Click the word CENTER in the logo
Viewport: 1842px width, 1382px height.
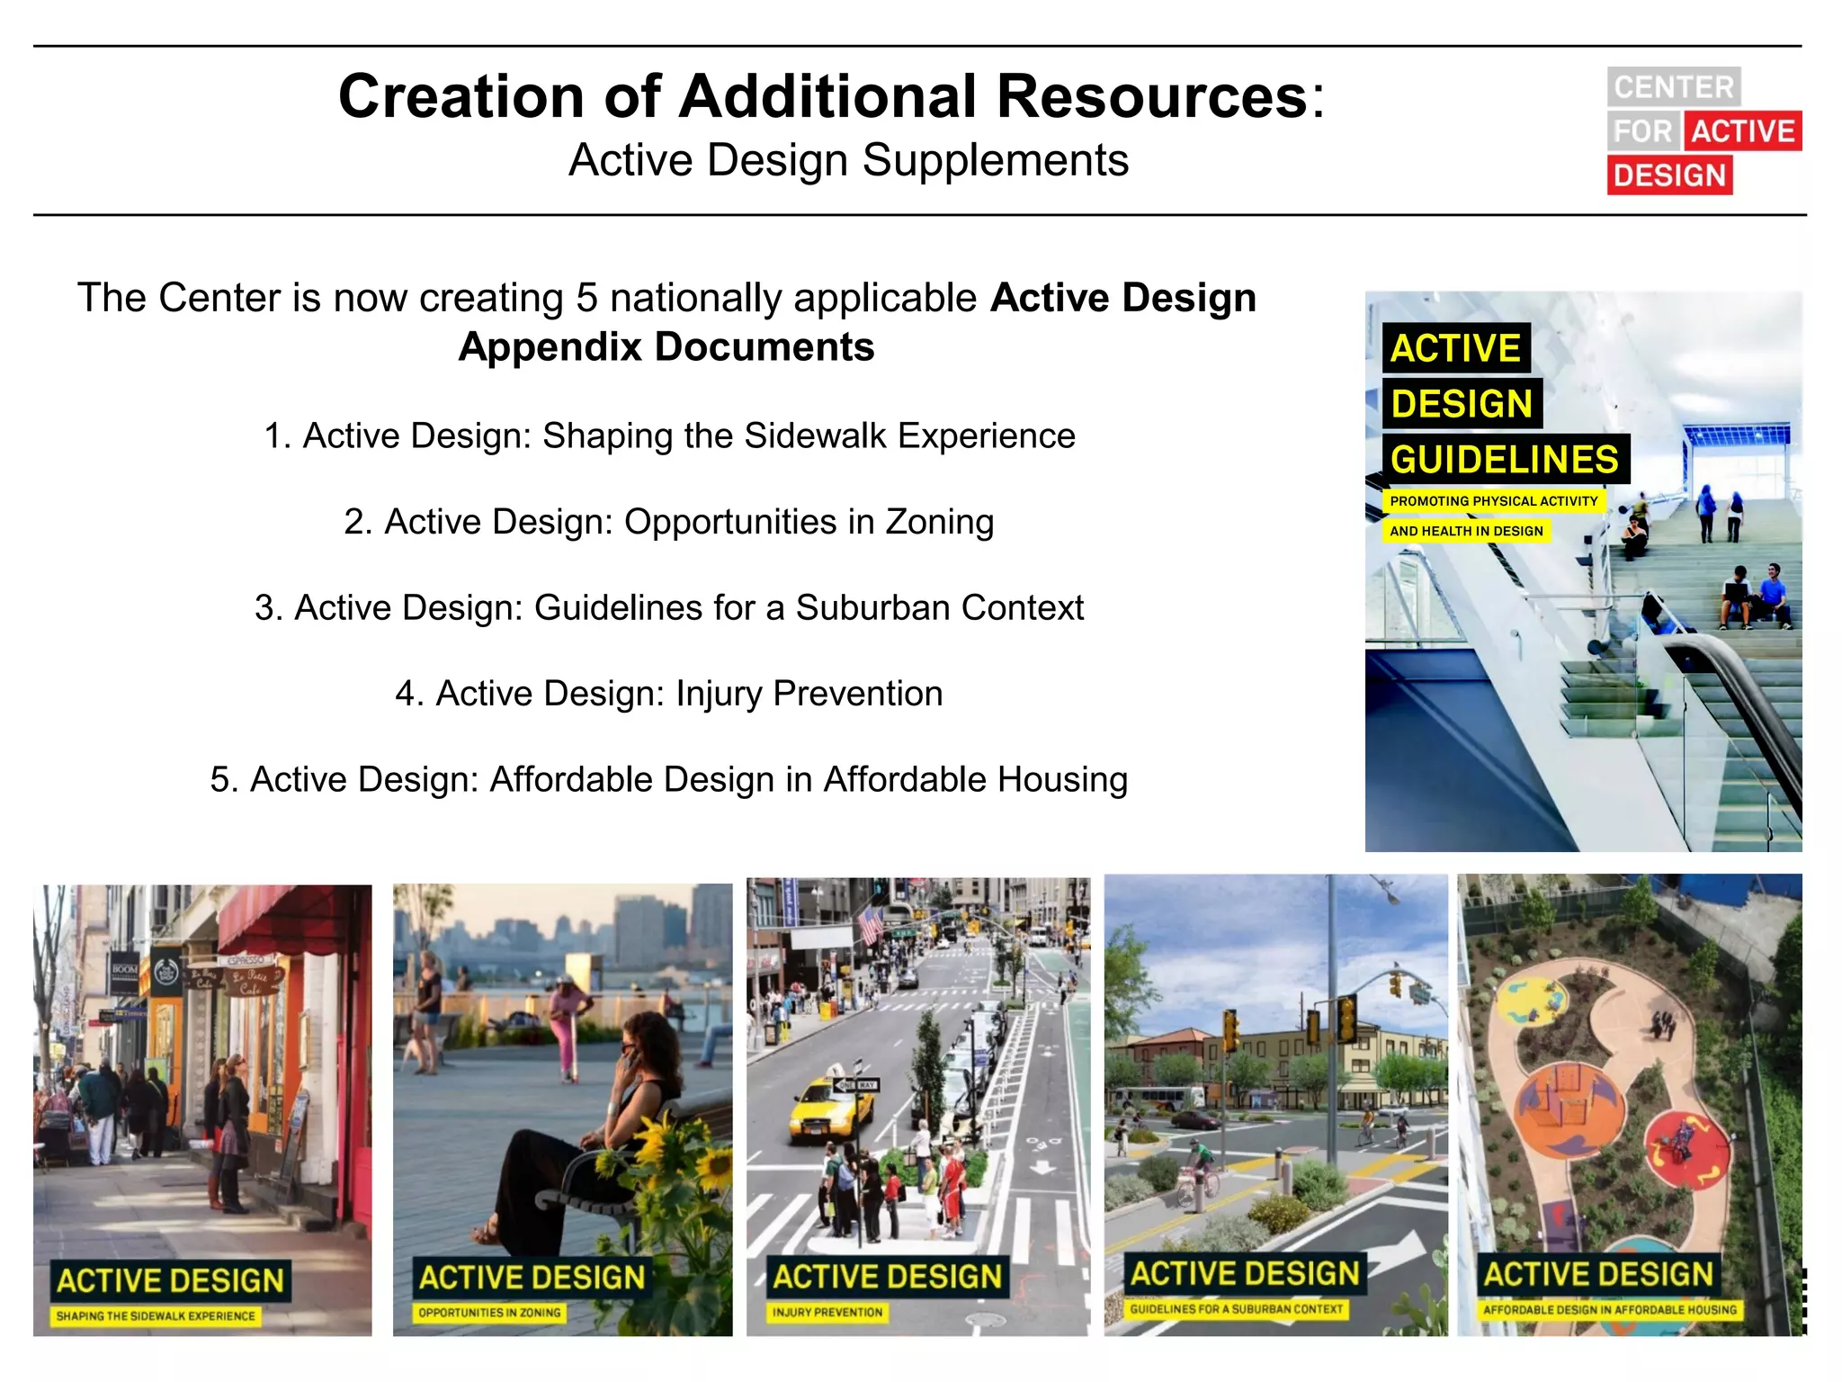[1673, 87]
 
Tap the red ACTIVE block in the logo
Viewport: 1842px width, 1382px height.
[1742, 131]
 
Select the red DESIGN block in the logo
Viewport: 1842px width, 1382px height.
[1669, 175]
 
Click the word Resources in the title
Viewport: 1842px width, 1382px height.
[1152, 96]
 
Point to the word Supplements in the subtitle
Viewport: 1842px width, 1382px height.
[995, 161]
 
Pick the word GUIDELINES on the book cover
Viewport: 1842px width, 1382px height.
[1504, 460]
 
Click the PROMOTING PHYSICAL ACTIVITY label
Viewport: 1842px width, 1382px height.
[1493, 501]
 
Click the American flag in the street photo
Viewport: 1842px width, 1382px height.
[871, 925]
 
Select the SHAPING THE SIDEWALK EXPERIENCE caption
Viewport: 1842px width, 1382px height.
[156, 1316]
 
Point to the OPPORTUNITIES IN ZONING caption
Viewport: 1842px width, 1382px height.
[489, 1313]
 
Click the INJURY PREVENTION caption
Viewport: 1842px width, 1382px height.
[827, 1313]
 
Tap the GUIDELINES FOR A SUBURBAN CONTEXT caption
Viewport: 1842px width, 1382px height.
[1236, 1309]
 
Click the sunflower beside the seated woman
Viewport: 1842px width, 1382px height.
[714, 1170]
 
